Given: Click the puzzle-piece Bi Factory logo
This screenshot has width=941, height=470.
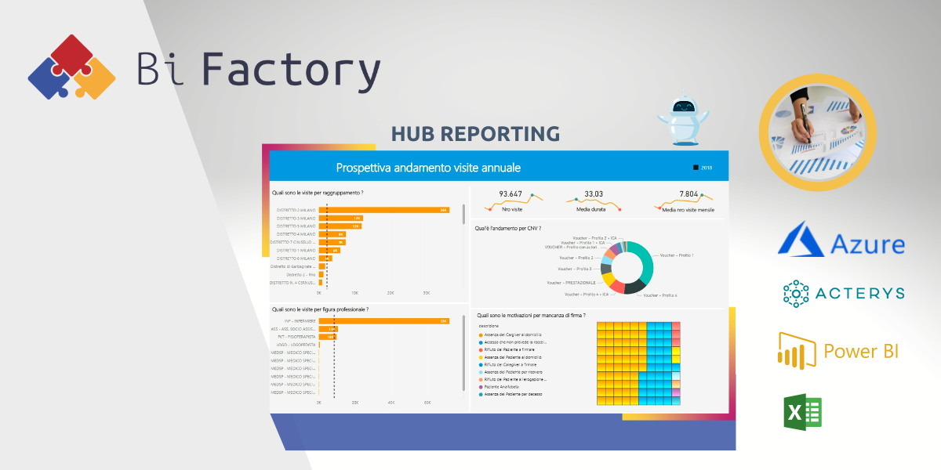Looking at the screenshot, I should point(72,67).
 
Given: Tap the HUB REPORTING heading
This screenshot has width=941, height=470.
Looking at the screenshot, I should point(475,133).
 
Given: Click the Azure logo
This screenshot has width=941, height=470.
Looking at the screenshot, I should point(841,238).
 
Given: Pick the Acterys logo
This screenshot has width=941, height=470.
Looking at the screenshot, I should point(844,293).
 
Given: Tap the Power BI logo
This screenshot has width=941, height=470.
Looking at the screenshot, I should point(837,350).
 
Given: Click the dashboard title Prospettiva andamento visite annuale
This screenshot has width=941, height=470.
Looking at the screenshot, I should point(428,168).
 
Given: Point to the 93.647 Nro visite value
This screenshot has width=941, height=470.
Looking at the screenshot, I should point(510,194).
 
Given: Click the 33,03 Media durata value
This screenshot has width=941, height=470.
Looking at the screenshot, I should point(594,194).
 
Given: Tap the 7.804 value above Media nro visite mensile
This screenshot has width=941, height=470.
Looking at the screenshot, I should point(688,194).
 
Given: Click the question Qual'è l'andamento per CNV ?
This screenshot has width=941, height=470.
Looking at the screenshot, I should point(507,229).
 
